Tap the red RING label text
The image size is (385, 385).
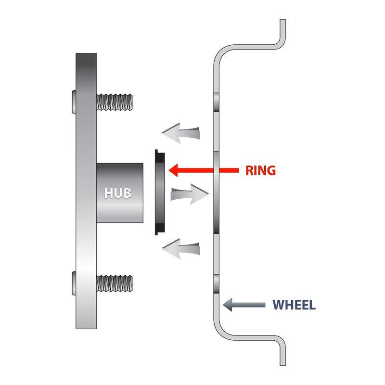click(x=260, y=170)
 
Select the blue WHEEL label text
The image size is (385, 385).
click(x=294, y=305)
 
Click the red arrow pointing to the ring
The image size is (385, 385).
click(x=202, y=169)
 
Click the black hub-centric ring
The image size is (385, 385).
click(x=159, y=192)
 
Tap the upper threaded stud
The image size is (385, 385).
click(x=115, y=102)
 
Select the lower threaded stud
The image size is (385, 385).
click(x=115, y=282)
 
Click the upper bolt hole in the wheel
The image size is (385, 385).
click(x=217, y=102)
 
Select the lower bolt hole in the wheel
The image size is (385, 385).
click(x=217, y=283)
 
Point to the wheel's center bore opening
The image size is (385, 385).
click(x=217, y=192)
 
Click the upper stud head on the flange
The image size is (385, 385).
click(x=73, y=102)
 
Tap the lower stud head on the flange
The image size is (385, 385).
click(x=73, y=282)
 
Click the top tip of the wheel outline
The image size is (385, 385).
click(x=282, y=22)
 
